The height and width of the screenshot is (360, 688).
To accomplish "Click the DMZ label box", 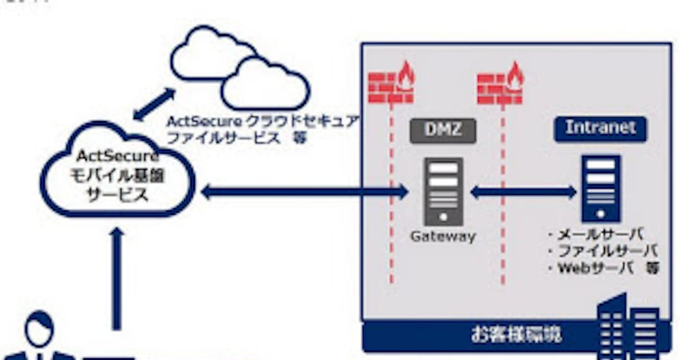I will [x=443, y=130].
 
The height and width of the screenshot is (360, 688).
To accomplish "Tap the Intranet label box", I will [x=600, y=128].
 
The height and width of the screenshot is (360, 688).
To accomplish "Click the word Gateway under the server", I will [x=443, y=236].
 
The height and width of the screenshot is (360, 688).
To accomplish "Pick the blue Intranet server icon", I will [x=600, y=188].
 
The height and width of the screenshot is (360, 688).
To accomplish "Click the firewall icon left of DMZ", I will [x=391, y=85].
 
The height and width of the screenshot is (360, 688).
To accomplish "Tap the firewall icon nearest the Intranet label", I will [x=500, y=85].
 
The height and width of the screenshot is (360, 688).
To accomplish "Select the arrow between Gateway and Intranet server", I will [x=523, y=193].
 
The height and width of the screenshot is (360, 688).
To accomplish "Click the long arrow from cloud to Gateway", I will [x=304, y=193].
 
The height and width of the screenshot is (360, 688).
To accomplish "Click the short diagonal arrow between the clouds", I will [x=154, y=104].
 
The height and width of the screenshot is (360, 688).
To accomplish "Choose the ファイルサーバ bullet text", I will [x=602, y=251].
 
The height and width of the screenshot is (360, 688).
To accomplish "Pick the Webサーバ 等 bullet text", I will [x=602, y=268].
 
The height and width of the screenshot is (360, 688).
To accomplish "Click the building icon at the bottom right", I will [x=628, y=327].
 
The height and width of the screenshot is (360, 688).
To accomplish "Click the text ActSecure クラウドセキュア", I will [x=263, y=122].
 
